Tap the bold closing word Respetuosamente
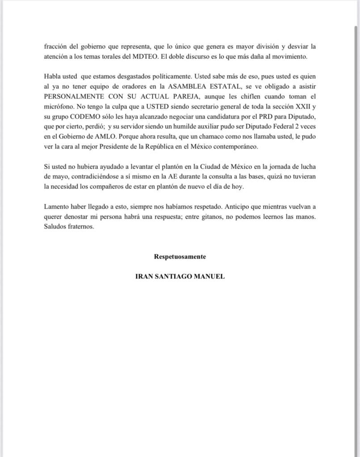click(180, 257)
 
